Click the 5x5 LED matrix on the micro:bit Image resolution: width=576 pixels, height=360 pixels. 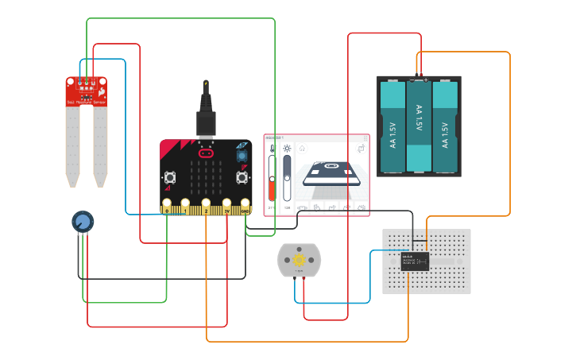206,178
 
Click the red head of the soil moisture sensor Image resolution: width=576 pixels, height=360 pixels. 86,91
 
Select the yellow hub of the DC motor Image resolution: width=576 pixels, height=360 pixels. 300,260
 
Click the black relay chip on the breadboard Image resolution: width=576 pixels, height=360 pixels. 415,261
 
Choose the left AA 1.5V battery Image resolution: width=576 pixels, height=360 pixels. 392,127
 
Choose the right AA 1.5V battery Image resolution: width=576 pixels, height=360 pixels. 445,127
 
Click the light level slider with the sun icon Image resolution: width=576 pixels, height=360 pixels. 287,179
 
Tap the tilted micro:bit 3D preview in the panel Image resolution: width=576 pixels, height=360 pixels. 331,175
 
